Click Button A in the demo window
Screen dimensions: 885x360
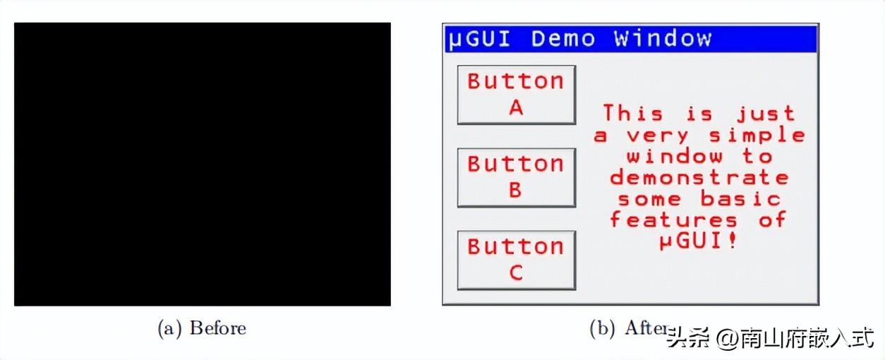coord(516,95)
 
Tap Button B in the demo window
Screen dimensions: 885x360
coord(516,177)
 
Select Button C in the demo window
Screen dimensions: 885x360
coord(516,260)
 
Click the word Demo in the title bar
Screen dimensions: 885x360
coord(562,38)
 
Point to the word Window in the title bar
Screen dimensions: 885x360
coord(663,38)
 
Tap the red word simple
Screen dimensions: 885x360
coord(757,136)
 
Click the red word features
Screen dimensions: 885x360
coord(674,220)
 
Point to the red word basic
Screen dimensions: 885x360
coord(740,198)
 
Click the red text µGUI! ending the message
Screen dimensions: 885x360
coord(699,241)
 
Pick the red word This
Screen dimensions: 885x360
coord(632,114)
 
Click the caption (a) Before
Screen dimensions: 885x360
coord(202,328)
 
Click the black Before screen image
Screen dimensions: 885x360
coord(202,164)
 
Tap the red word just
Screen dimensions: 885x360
coord(766,114)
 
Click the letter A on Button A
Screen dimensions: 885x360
coord(516,108)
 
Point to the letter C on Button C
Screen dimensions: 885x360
coord(516,272)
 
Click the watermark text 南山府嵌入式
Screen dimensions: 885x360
coord(807,339)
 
